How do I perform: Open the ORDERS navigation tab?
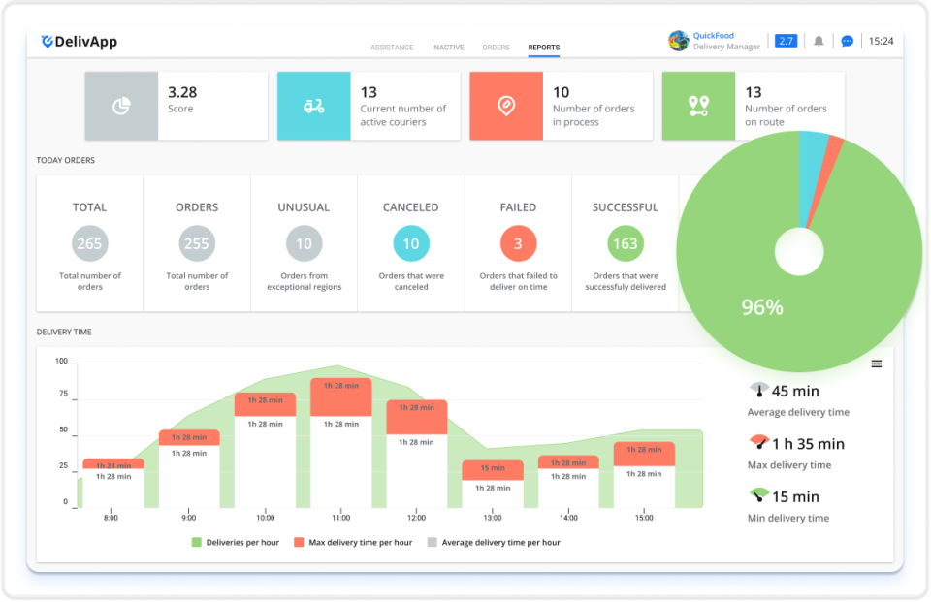coord(496,48)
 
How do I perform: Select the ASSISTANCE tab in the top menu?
coord(392,48)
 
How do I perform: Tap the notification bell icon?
coord(819,42)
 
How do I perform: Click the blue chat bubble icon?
coord(847,42)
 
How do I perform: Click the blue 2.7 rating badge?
coord(787,41)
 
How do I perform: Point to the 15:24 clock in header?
coord(881,42)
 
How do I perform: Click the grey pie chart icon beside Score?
coord(121,107)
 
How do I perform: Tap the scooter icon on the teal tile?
coord(313,107)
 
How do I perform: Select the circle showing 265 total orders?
coord(89,243)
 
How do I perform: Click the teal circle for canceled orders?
coord(411,243)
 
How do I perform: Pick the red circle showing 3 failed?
coord(518,243)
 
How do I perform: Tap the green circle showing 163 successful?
coord(626,243)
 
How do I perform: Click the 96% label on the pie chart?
coord(762,308)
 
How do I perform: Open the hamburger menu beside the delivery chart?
coord(876,364)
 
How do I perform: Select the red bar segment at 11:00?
coord(340,396)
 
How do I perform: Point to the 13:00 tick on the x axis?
coord(493,518)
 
